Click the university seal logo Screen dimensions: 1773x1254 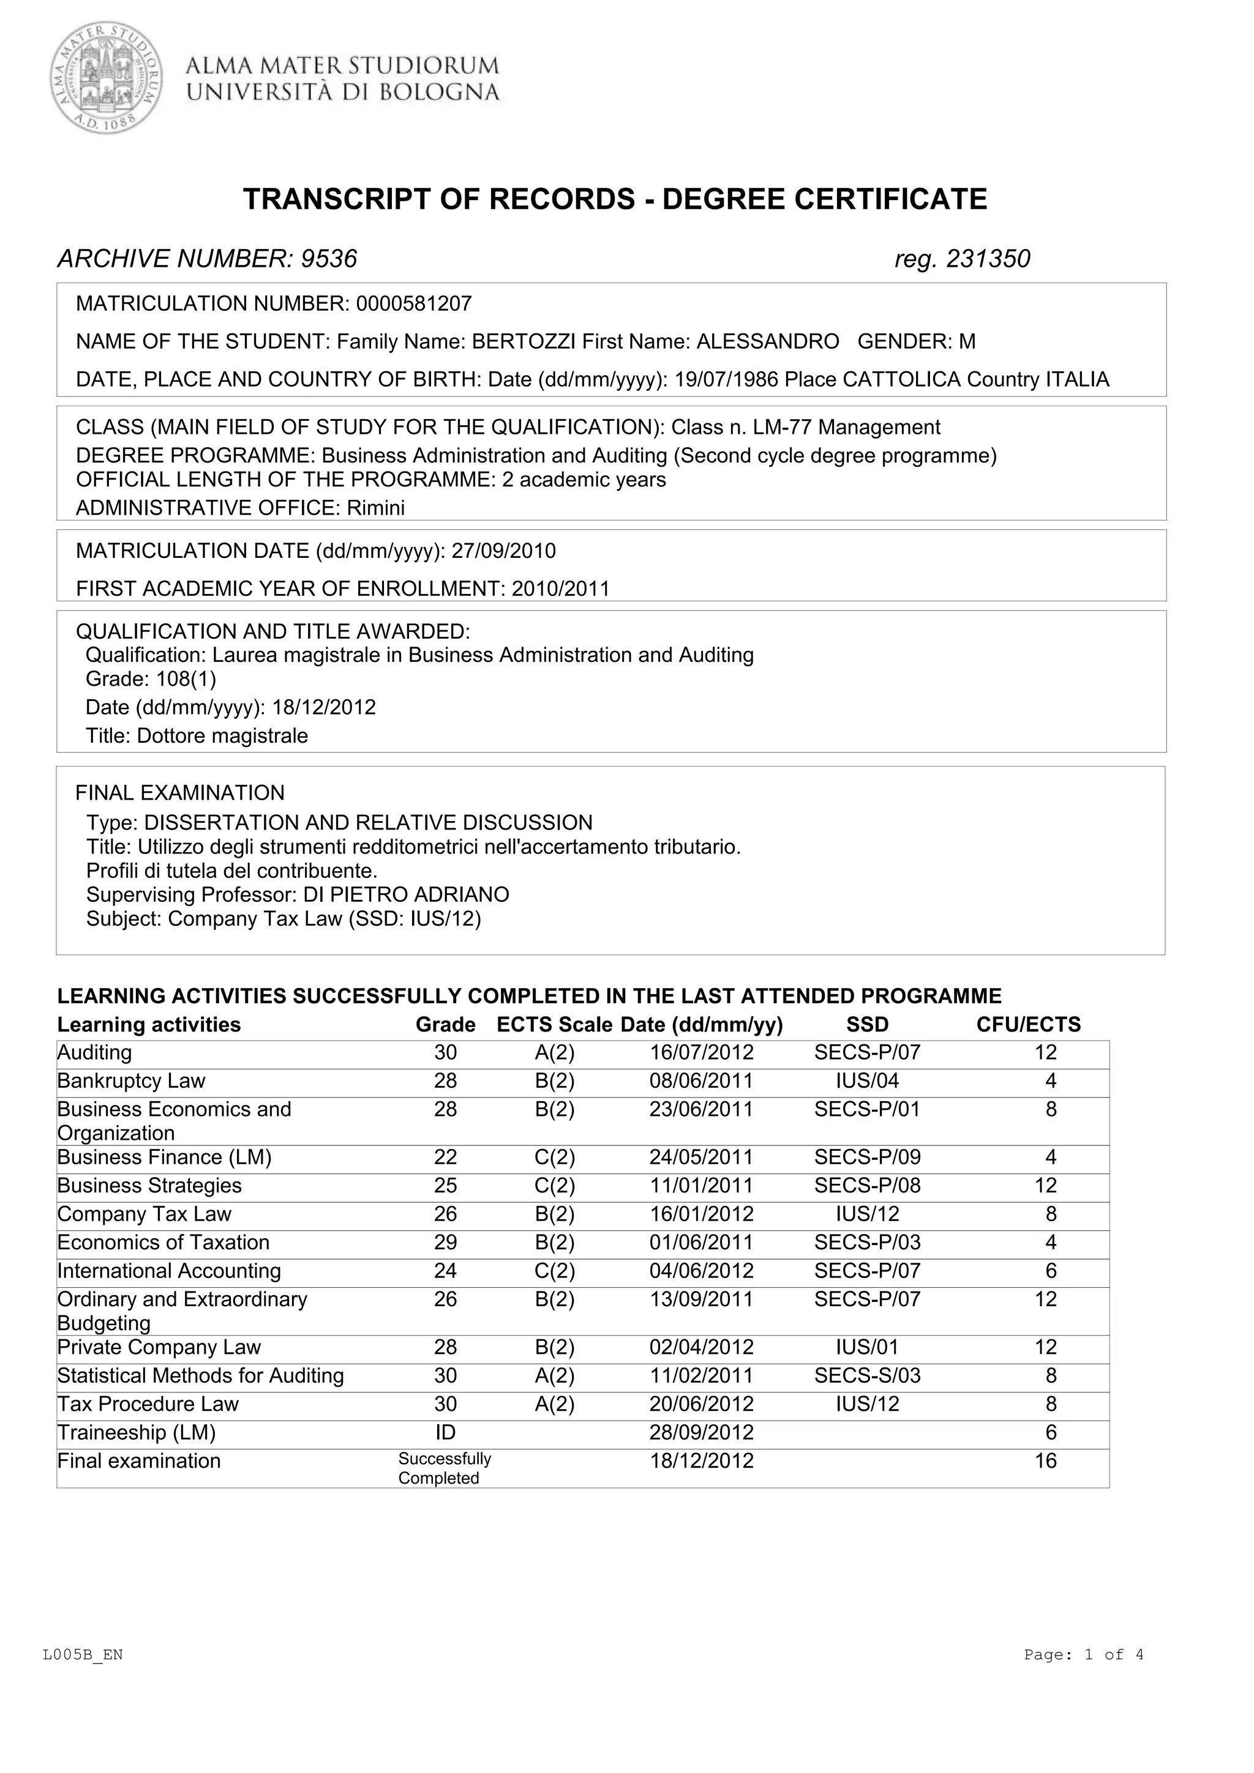tap(107, 77)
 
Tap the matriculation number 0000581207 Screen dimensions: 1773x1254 tap(413, 303)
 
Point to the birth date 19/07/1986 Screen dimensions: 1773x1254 tap(726, 379)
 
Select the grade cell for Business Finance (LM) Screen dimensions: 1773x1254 tap(445, 1157)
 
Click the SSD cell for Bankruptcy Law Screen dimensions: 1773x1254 tap(867, 1080)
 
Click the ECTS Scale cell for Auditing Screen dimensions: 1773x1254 tap(554, 1052)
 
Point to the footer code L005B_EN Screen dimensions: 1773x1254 tap(83, 1654)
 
